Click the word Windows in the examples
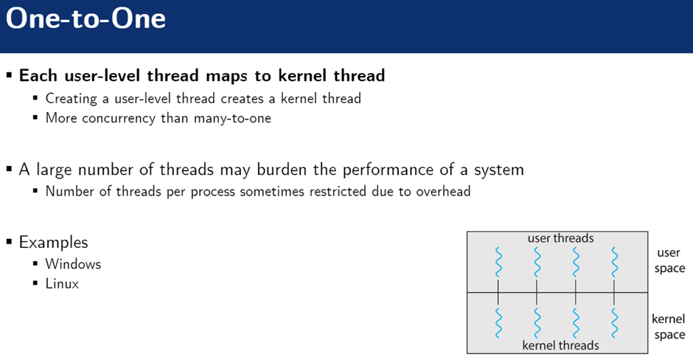[73, 263]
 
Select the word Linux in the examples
[62, 283]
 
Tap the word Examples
[53, 242]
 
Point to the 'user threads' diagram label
[560, 238]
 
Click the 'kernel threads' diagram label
[560, 345]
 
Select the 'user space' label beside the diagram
[669, 260]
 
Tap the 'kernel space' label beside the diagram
[669, 327]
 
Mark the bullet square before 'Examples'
[10, 242]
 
